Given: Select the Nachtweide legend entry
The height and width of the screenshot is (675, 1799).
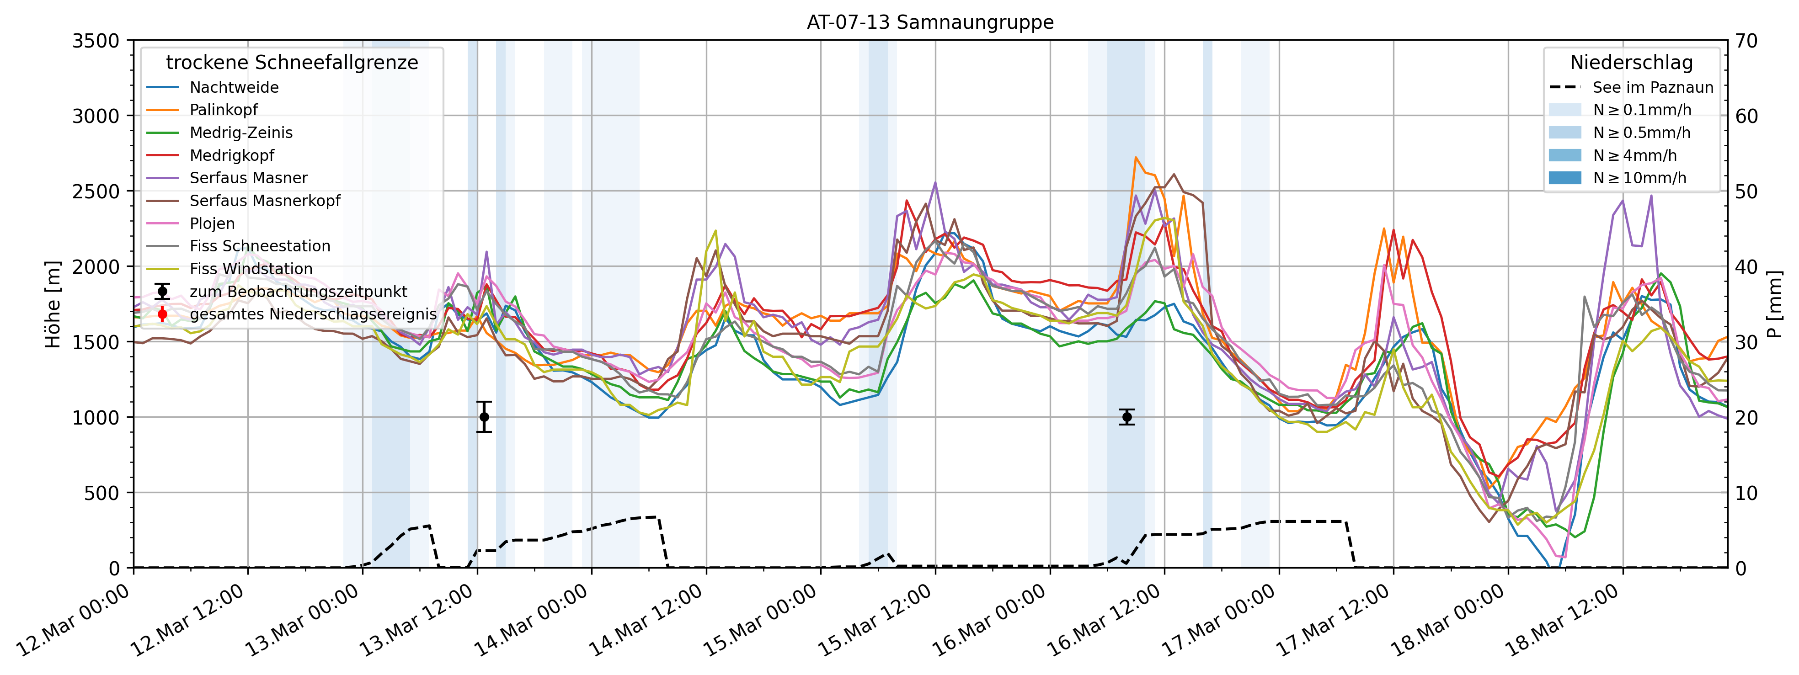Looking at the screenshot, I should point(234,87).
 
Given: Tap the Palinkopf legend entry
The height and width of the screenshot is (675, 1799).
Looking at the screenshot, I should point(224,110).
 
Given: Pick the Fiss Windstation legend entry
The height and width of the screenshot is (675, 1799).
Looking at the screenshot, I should point(251,269).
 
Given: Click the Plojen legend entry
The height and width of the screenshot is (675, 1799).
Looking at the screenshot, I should point(212,223).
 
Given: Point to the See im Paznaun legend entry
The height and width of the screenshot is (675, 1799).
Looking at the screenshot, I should point(1652,87).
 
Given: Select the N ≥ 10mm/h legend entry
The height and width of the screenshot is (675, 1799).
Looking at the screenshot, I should point(1639,178).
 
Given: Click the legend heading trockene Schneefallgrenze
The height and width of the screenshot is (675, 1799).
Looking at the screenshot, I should point(292,63).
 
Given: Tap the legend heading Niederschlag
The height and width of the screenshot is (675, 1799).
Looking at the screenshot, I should point(1631,63).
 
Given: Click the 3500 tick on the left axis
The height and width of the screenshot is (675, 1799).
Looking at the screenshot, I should point(96,41).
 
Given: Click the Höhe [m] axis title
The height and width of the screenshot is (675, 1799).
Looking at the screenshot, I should point(53,304).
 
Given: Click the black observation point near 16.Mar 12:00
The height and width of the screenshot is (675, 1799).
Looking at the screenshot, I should point(1126,417).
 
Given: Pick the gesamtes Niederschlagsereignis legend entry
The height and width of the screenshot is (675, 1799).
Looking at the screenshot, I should point(313,314).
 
